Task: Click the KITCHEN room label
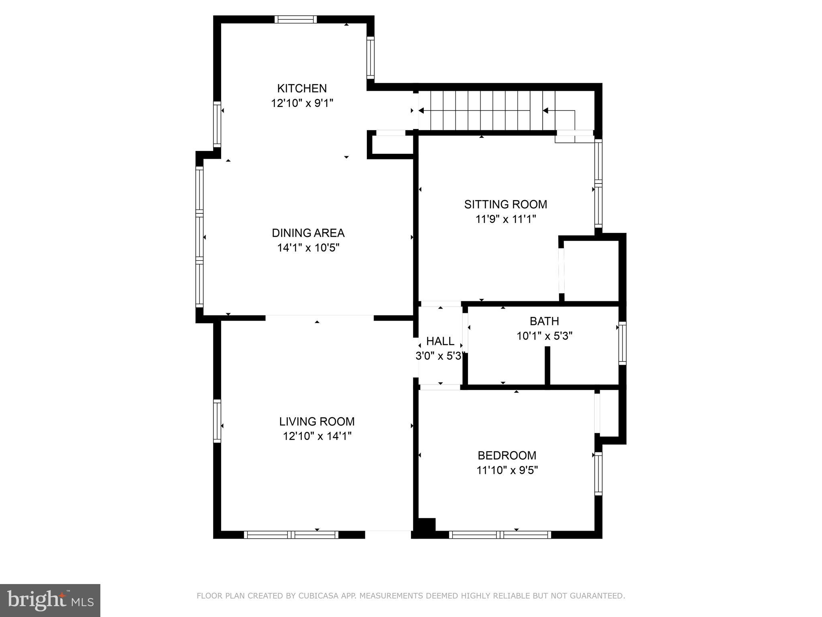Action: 302,88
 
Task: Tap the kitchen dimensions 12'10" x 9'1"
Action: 302,103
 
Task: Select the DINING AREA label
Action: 308,233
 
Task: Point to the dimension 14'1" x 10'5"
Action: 308,248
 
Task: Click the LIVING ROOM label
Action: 317,421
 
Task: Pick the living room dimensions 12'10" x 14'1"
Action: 317,436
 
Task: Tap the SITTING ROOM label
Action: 505,204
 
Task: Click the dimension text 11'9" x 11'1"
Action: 505,219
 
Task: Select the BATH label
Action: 544,321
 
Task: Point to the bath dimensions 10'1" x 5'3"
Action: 544,336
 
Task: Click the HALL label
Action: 440,341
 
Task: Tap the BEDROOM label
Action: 507,456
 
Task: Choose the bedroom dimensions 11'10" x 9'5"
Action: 507,470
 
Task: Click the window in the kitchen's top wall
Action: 296,19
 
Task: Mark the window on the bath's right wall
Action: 622,343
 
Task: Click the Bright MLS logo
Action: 50,600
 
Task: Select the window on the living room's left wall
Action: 217,421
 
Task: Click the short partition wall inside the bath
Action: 547,366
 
